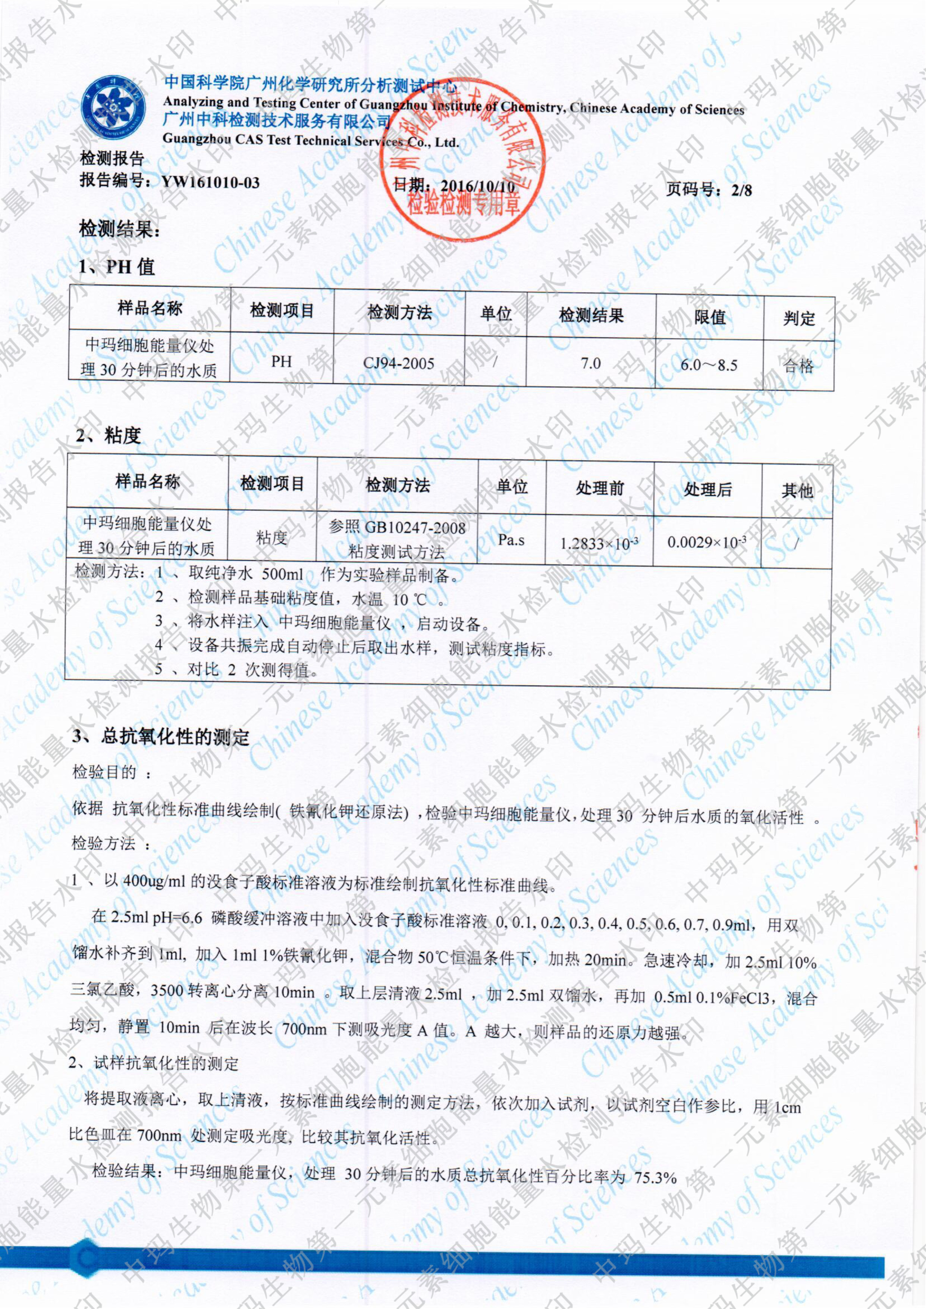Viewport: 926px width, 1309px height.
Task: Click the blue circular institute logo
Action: pos(113,107)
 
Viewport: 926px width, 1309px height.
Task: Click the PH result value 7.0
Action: pos(591,363)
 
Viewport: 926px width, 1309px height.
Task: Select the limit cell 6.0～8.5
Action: pos(709,365)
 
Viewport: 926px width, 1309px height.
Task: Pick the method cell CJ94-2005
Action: pos(399,363)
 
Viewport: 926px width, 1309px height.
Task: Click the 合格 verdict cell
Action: pos(798,366)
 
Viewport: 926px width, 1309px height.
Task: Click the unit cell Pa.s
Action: pos(511,540)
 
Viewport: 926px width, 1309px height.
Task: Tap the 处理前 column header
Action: pos(599,488)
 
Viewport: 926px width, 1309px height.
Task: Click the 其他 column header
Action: pos(797,491)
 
